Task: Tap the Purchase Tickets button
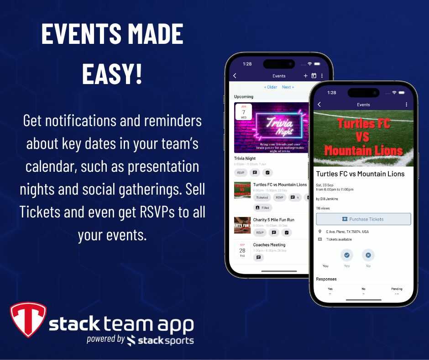(x=363, y=219)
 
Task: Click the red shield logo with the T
(x=28, y=319)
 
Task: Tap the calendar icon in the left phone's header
(x=314, y=76)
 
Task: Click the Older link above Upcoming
(x=271, y=87)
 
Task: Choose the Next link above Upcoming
(x=288, y=87)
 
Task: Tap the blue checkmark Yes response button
(x=347, y=255)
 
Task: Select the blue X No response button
(x=368, y=255)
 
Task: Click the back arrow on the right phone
(x=319, y=105)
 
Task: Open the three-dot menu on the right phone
(x=406, y=105)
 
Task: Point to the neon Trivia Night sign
(x=273, y=126)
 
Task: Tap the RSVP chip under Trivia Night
(x=241, y=173)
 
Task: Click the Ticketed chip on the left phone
(x=262, y=197)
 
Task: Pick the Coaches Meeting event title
(x=269, y=245)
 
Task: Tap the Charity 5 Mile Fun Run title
(x=273, y=220)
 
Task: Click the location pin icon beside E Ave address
(x=320, y=232)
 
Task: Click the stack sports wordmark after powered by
(x=160, y=340)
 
